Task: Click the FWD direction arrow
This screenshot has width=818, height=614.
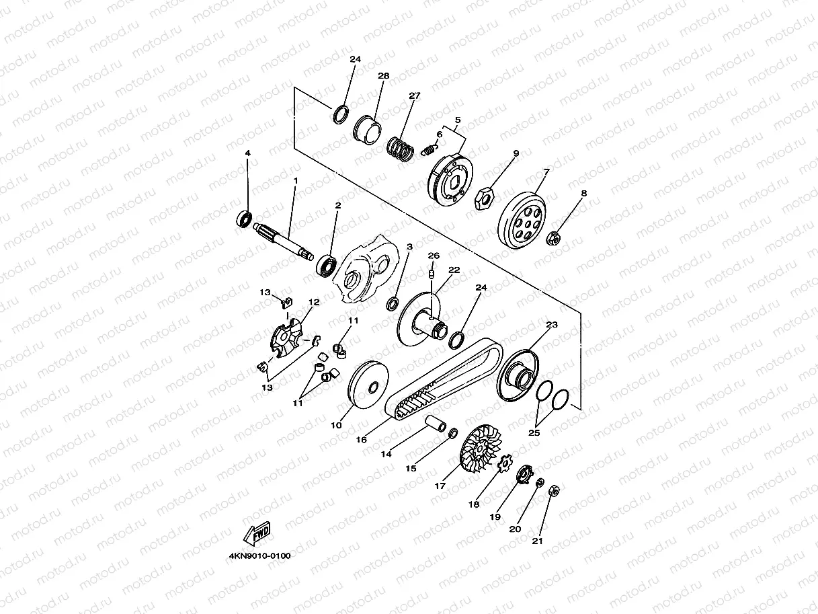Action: (257, 534)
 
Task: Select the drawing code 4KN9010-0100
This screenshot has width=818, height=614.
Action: (259, 556)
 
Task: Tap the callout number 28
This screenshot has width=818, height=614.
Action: (384, 76)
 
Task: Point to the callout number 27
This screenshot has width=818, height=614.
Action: (415, 95)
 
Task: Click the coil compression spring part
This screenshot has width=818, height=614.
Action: (400, 149)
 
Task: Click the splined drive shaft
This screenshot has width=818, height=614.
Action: (283, 242)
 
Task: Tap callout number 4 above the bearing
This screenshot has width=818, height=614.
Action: (248, 153)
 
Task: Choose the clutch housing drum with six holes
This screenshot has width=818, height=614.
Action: (522, 219)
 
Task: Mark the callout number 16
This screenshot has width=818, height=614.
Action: (361, 440)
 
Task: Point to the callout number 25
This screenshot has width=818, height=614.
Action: (534, 433)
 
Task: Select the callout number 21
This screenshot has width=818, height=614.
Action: (538, 541)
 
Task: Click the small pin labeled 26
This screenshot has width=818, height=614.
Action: (432, 274)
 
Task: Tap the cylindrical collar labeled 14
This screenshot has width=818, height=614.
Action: (436, 423)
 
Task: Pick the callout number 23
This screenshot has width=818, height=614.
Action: (552, 325)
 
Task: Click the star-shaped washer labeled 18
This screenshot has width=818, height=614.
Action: (505, 464)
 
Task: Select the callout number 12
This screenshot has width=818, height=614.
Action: (314, 302)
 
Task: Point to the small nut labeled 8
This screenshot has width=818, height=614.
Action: (553, 238)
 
